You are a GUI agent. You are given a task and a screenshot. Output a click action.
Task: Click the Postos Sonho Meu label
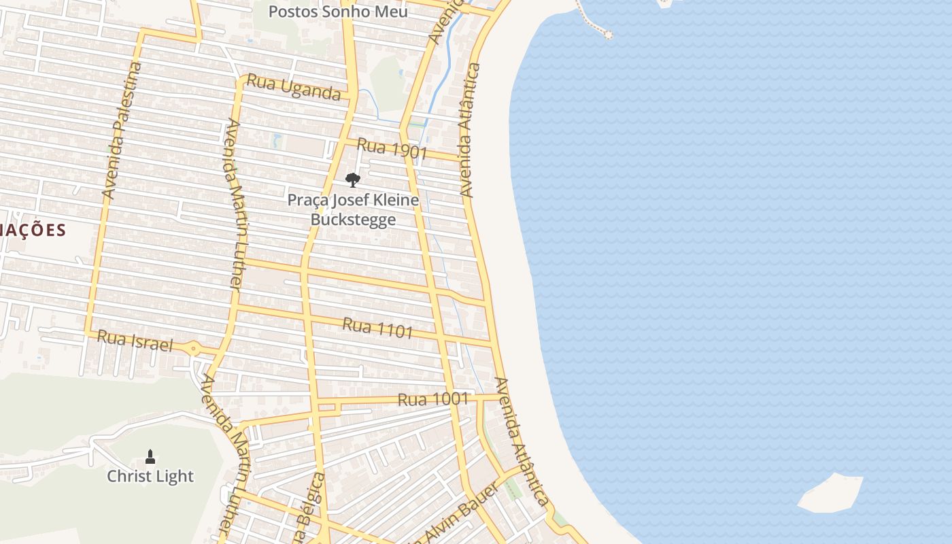tap(338, 12)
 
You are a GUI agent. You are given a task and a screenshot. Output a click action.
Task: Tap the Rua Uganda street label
tap(293, 87)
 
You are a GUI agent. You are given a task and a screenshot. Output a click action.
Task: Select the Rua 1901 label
tap(392, 148)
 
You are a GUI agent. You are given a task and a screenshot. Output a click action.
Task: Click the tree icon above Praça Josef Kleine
tap(352, 180)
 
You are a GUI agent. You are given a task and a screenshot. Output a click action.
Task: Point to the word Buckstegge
tap(353, 219)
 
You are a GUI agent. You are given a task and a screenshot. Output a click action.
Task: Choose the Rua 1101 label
tap(377, 328)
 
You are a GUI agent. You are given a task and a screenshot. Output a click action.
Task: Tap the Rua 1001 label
tap(433, 399)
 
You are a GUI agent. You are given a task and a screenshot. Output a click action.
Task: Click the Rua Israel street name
tap(135, 340)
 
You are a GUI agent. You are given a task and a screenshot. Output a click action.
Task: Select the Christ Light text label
tap(150, 476)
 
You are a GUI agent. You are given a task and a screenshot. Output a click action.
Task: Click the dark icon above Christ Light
tap(150, 456)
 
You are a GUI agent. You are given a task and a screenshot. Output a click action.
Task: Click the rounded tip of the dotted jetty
tap(607, 34)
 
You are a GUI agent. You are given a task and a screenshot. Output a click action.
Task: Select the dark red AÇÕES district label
tap(33, 230)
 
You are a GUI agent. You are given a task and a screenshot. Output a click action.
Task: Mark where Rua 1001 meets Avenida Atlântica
tap(503, 396)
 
